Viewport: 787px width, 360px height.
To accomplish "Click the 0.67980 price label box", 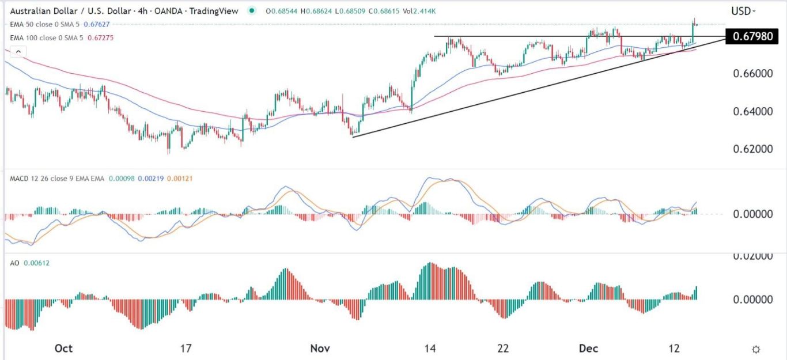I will [x=752, y=37].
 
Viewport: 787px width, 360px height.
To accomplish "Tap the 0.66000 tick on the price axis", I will [x=751, y=74].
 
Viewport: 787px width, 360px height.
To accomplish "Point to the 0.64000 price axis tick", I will [x=751, y=111].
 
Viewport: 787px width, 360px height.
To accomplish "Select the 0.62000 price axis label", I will [x=751, y=149].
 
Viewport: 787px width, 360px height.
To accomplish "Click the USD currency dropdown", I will [x=743, y=10].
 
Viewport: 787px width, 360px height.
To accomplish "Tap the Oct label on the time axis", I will [x=63, y=348].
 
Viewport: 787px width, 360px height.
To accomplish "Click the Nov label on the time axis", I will [x=320, y=348].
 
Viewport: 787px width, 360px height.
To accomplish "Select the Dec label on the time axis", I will [x=585, y=348].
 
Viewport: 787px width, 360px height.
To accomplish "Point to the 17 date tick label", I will [x=186, y=348].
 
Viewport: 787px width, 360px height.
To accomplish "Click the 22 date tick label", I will [x=504, y=348].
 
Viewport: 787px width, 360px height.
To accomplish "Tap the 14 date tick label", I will [x=429, y=348].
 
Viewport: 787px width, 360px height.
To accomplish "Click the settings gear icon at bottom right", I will [x=756, y=349].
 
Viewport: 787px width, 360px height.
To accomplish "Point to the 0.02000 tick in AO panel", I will [x=751, y=256].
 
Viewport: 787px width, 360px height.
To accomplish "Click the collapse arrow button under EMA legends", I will [x=18, y=52].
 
